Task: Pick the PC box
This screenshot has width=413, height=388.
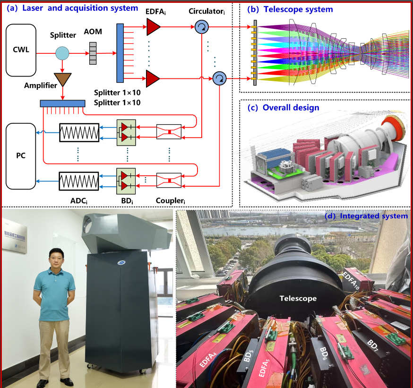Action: coord(21,155)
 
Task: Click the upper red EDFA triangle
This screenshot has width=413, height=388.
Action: coord(153,28)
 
